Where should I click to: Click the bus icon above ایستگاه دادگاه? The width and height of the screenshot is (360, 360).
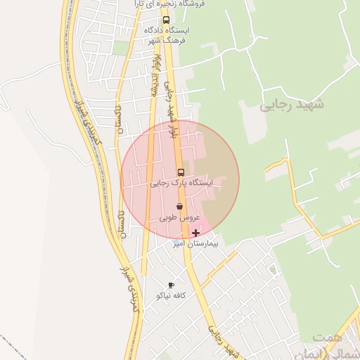166,20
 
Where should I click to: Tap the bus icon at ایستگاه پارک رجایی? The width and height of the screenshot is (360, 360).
181,172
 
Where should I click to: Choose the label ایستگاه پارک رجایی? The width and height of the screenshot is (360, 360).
180,183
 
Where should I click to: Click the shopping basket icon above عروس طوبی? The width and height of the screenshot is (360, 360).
181,207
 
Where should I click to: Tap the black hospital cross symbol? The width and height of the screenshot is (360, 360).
195,233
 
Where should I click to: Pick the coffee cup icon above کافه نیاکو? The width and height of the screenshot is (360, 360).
171,285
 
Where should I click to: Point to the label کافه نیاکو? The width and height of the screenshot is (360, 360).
172,296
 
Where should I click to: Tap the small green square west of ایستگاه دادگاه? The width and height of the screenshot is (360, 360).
121,47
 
